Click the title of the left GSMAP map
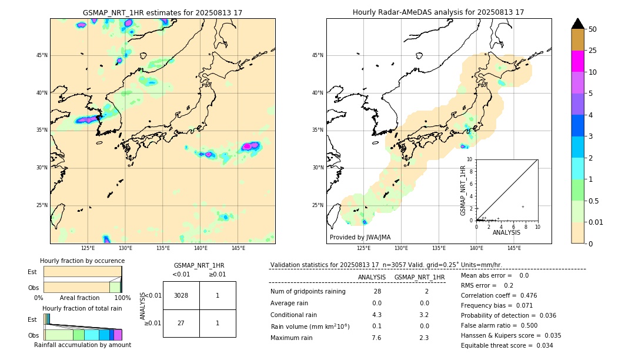pyautogui.click(x=162, y=12)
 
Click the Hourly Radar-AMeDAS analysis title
pyautogui.click(x=438, y=12)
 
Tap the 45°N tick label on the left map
pyautogui.click(x=42, y=55)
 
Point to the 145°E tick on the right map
pyautogui.click(x=514, y=248)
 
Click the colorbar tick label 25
pyautogui.click(x=593, y=51)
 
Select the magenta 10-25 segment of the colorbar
pyautogui.click(x=577, y=61)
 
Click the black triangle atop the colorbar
pyautogui.click(x=577, y=24)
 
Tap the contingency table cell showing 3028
pyautogui.click(x=181, y=295)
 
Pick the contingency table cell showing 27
pyautogui.click(x=181, y=323)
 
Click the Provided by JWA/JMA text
pyautogui.click(x=360, y=237)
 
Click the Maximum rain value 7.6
pyautogui.click(x=376, y=338)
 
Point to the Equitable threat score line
pyautogui.click(x=507, y=345)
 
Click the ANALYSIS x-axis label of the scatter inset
pyautogui.click(x=506, y=232)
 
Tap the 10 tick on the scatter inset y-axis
pyautogui.click(x=470, y=159)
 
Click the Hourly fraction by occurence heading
pyautogui.click(x=82, y=261)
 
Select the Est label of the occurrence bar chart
pyautogui.click(x=32, y=272)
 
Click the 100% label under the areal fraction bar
pyautogui.click(x=122, y=298)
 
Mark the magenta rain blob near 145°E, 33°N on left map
pyautogui.click(x=251, y=145)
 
